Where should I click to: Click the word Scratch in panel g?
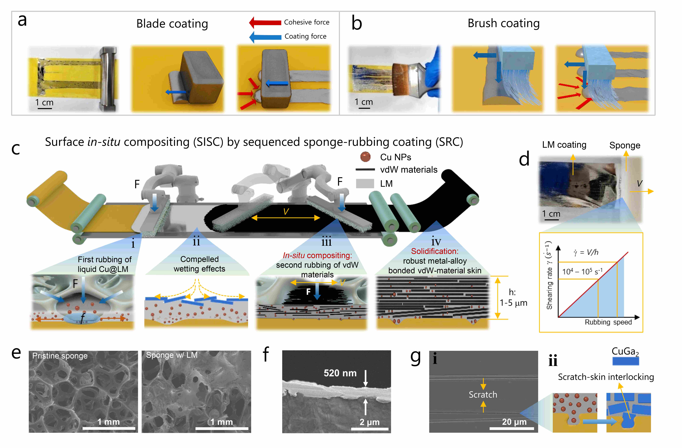point(483,395)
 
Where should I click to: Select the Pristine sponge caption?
point(60,356)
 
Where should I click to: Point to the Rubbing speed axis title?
point(608,322)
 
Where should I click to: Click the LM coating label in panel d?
point(564,145)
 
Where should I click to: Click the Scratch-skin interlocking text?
point(606,377)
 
